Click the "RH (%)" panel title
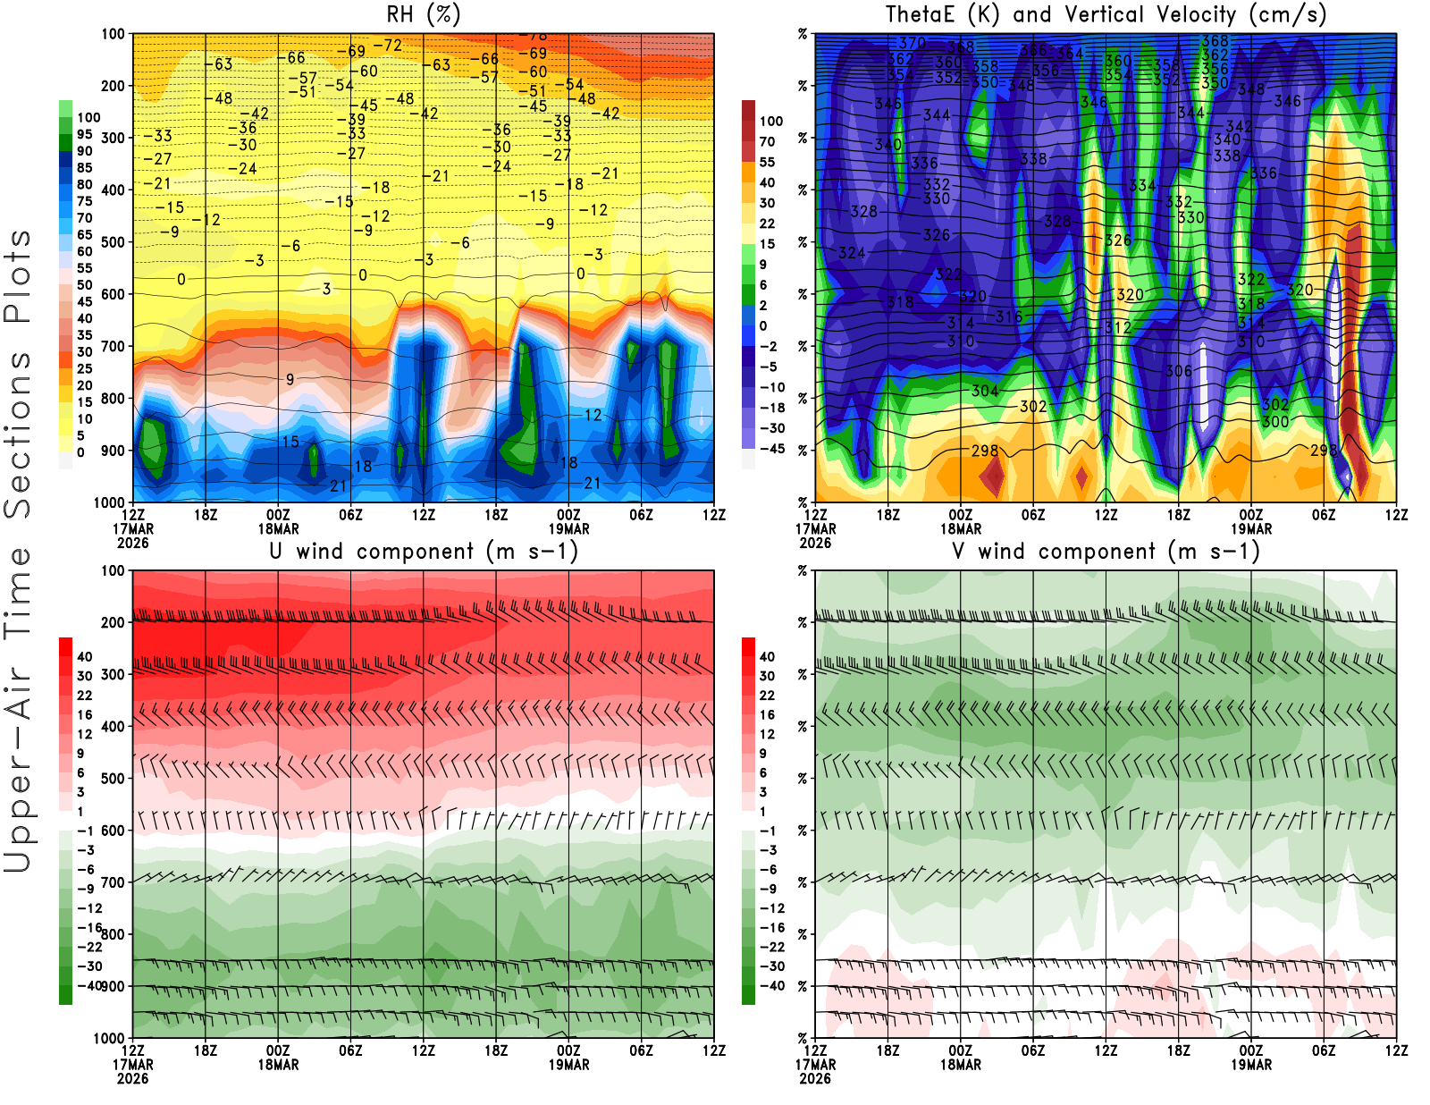[424, 15]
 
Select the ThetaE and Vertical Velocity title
[1106, 15]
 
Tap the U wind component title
[424, 552]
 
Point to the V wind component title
[1106, 552]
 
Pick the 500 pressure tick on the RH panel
[113, 242]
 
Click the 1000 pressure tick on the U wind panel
[109, 1038]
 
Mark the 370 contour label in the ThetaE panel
[913, 43]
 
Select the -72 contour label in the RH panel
[387, 46]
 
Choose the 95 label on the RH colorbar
[84, 134]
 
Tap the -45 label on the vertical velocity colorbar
[771, 449]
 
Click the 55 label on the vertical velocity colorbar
[767, 162]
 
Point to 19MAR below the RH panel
[568, 528]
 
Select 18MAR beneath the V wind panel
[961, 1065]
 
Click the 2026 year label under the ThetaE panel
[815, 543]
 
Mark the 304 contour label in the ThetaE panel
[985, 391]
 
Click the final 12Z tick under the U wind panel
[713, 1050]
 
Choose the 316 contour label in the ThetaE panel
[1009, 316]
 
